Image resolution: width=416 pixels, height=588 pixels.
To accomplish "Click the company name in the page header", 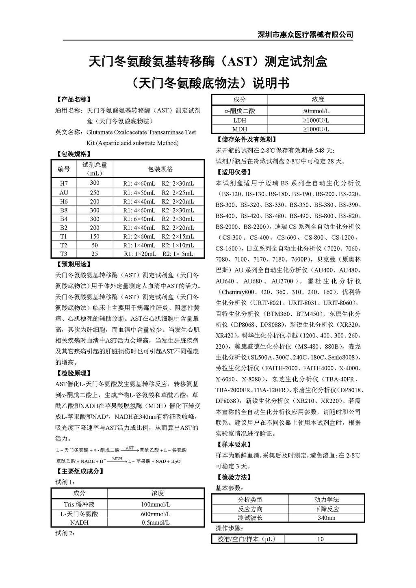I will coord(305,35).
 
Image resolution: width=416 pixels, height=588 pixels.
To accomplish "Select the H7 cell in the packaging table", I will coord(64,183).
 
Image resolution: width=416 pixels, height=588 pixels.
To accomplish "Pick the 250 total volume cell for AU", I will coord(95,192).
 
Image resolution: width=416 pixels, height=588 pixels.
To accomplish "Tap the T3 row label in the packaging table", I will coord(64,254).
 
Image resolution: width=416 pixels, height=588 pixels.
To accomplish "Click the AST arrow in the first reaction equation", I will coord(130,449).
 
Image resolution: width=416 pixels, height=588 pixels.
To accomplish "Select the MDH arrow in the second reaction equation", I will coord(117,460).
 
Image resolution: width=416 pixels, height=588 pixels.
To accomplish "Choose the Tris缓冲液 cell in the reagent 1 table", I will coord(79,504).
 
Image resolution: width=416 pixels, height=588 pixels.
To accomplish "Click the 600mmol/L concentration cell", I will coord(156,514).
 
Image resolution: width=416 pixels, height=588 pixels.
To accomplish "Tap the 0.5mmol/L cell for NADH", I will coord(156,523).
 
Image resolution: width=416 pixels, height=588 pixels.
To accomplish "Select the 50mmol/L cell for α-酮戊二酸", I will coord(316,111).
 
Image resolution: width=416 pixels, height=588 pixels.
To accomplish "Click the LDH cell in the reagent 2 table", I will coord(240,120).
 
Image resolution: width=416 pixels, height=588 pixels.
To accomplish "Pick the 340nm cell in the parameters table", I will coord(326,518).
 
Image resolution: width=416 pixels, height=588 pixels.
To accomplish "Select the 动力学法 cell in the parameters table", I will coord(326,499).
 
